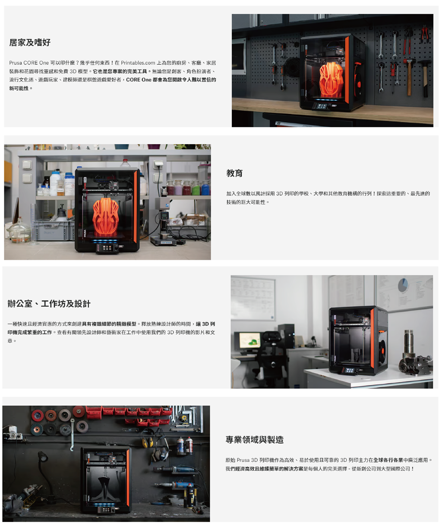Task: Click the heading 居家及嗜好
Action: point(30,42)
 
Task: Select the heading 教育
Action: point(234,173)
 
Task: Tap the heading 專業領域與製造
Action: point(254,440)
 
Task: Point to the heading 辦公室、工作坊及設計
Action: point(49,304)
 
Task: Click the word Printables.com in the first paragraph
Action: point(138,63)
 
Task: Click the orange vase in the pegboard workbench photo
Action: point(331,80)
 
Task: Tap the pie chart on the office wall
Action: point(402,285)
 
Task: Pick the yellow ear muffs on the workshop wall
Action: point(149,442)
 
